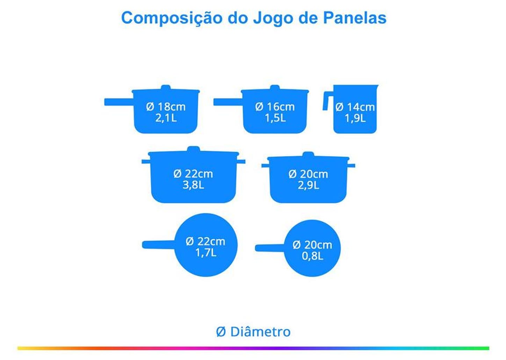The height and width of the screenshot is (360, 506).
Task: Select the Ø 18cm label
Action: click(166, 107)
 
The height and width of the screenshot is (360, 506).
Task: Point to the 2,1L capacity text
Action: click(166, 118)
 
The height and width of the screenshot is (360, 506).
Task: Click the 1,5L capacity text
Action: click(275, 118)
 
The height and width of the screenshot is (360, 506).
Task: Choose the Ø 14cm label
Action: click(355, 107)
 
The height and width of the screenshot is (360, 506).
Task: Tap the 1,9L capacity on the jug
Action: click(355, 118)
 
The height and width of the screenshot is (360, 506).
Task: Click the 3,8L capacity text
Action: click(193, 185)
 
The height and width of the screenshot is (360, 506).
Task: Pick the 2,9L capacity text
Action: click(308, 185)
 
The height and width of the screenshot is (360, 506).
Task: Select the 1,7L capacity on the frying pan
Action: click(206, 252)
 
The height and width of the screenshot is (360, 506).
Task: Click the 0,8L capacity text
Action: click(312, 256)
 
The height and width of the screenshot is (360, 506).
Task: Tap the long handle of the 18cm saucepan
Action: click(119, 102)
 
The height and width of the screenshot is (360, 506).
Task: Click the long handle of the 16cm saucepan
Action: click(228, 102)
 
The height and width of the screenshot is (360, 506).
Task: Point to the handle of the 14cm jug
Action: click(326, 101)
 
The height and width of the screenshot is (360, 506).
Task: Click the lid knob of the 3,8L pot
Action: click(193, 149)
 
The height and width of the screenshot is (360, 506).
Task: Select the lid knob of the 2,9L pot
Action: click(308, 154)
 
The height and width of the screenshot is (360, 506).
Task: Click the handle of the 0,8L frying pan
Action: click(269, 248)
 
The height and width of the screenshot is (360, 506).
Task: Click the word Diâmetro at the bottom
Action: click(260, 332)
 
